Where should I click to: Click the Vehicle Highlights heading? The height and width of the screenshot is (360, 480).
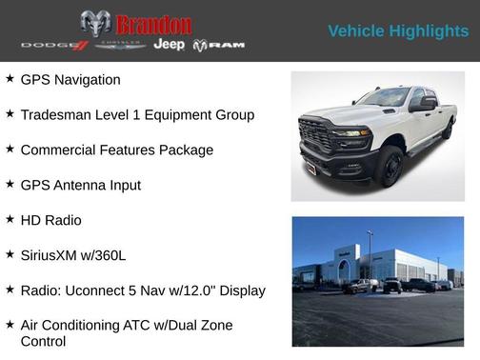click(x=398, y=31)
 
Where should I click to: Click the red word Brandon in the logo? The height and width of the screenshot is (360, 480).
click(x=153, y=24)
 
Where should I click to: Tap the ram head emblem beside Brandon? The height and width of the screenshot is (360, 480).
click(x=95, y=23)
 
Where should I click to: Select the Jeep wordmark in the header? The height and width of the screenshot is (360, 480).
click(x=170, y=45)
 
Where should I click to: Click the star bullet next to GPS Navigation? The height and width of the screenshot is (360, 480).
click(x=10, y=79)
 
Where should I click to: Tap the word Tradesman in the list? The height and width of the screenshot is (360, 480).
click(x=59, y=114)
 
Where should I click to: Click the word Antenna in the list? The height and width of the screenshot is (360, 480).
click(x=84, y=185)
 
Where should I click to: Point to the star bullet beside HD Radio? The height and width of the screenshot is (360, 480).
click(x=10, y=219)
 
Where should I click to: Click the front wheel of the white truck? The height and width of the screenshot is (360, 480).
click(x=389, y=168)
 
